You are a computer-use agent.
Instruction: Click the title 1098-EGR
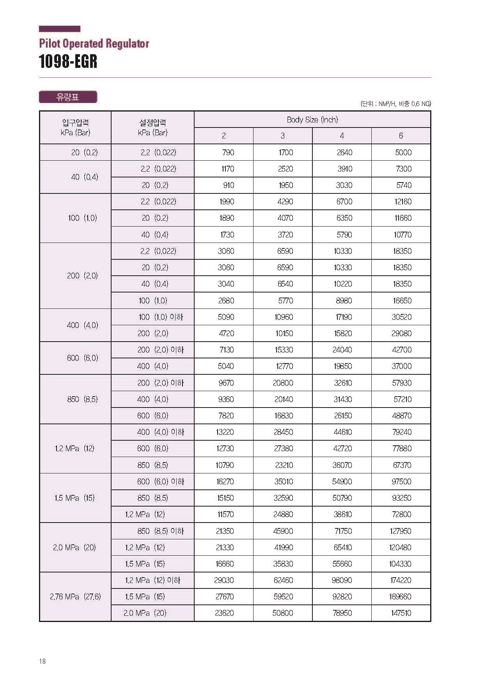pos(68,62)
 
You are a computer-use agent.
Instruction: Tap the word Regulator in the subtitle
pos(129,43)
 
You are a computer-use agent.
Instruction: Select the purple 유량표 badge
pos(68,97)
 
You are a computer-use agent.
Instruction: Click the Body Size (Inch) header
pos(312,120)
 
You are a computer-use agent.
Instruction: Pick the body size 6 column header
pos(401,136)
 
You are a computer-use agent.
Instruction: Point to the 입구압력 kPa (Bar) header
pos(75,128)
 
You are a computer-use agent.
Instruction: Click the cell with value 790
pos(228,152)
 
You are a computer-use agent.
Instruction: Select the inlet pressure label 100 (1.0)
pos(82,218)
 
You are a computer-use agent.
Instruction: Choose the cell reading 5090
pos(226,317)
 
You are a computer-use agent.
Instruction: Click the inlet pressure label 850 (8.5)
pos(82,399)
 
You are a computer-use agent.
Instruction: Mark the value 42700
pos(402,350)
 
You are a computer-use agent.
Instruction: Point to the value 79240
pos(402,432)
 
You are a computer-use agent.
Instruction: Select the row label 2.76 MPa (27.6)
pos(75,597)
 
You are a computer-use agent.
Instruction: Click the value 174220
pos(401,580)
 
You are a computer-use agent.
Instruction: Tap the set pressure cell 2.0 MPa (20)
pos(145,613)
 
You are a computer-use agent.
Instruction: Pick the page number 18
pos(43,661)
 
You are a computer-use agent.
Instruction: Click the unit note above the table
pos(395,104)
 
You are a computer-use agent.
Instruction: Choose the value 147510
pos(401,613)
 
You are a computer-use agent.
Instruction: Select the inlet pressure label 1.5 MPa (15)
pos(74,498)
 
